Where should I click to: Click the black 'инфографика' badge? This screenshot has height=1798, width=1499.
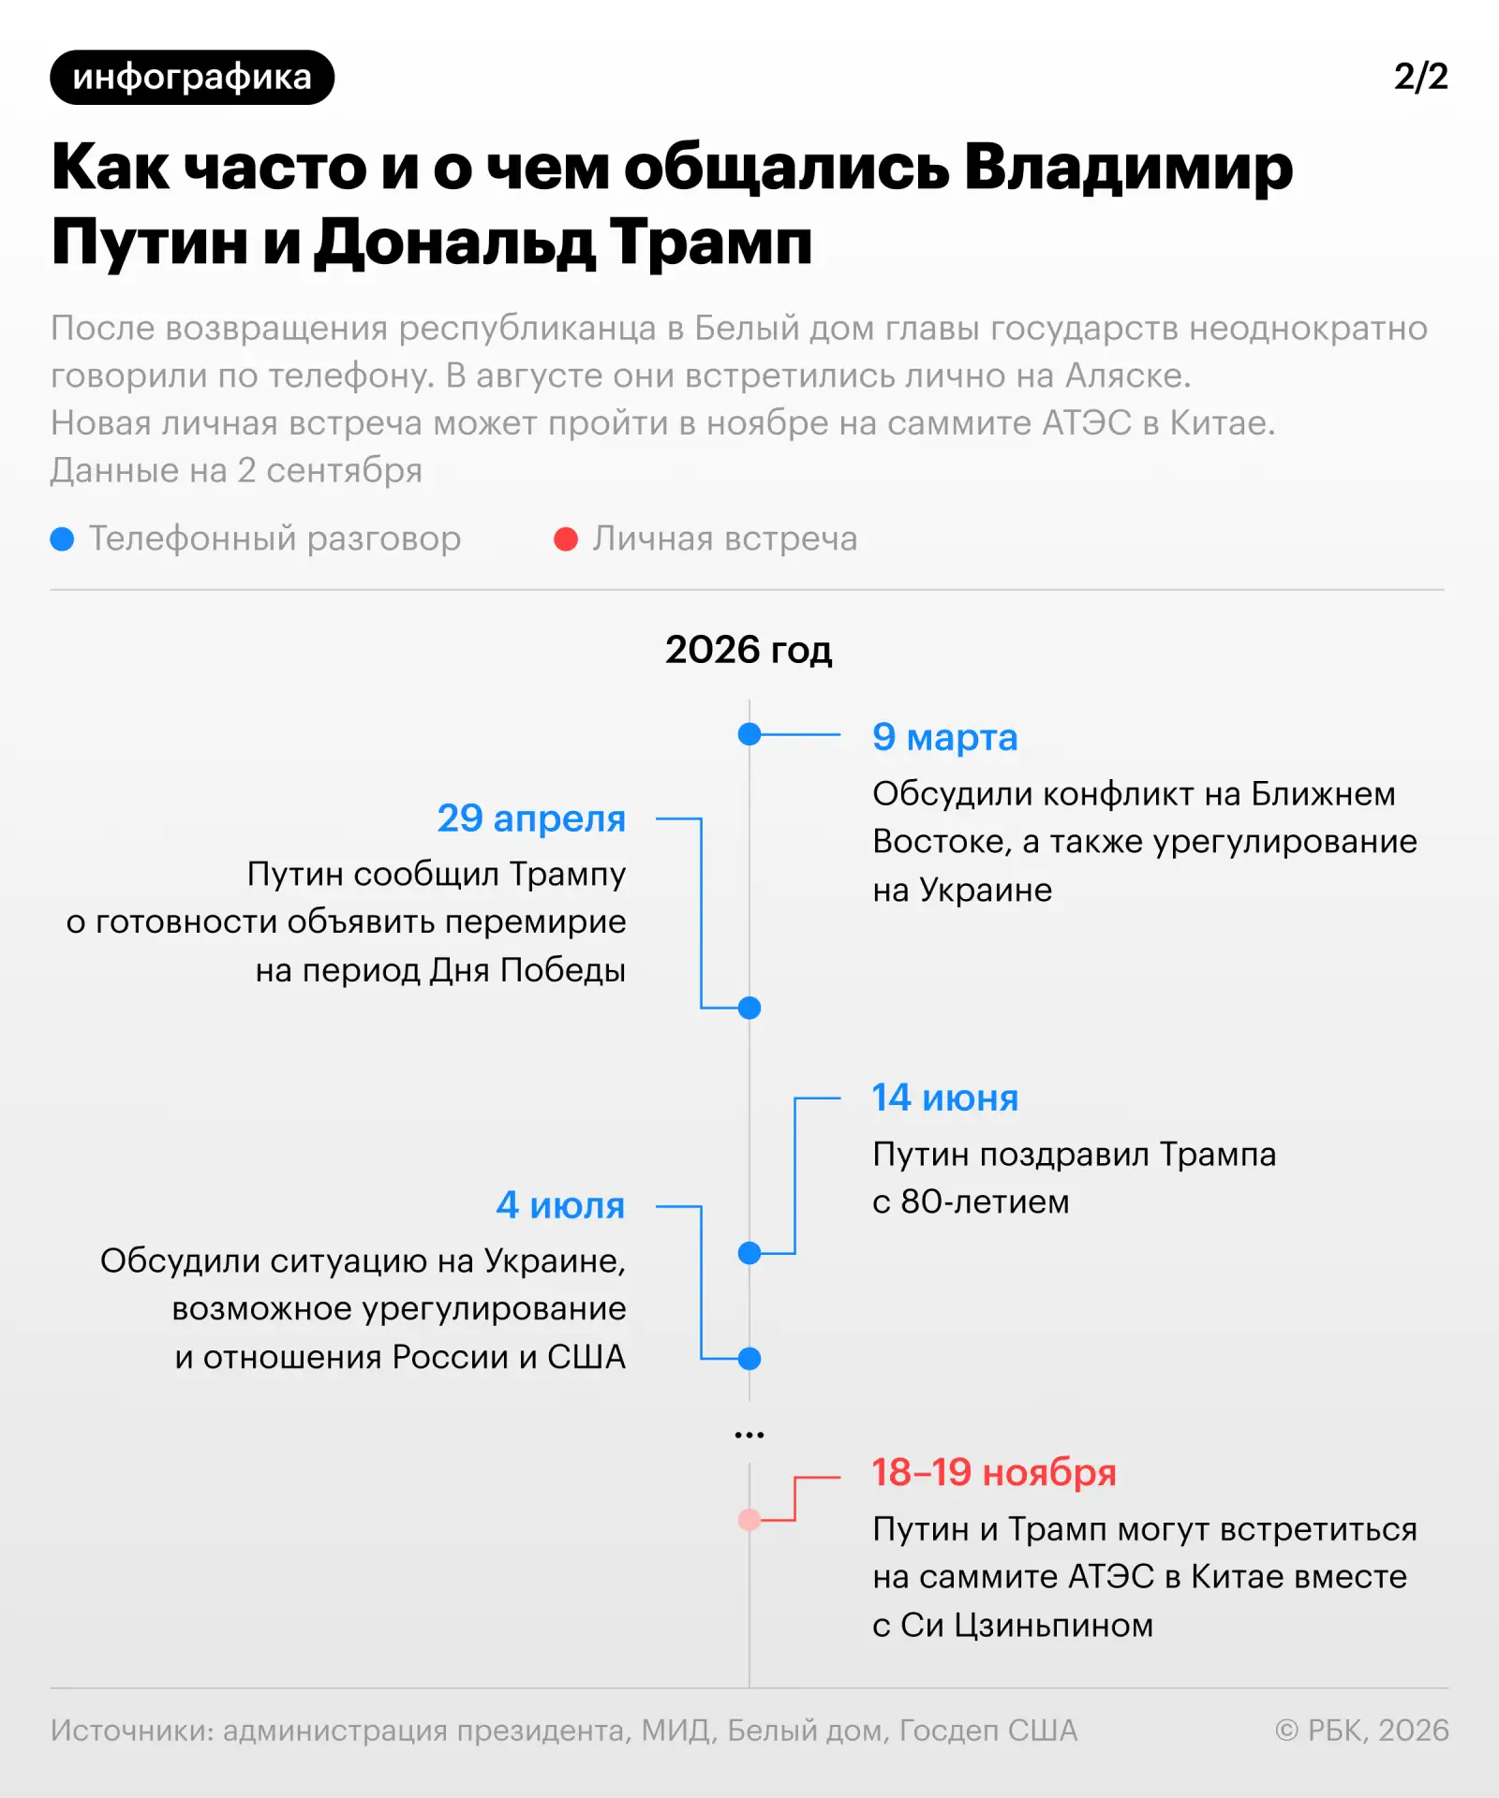tap(192, 77)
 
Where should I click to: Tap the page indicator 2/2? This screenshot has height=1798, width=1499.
tap(1420, 77)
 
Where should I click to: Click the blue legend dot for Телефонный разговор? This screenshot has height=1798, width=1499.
tap(62, 539)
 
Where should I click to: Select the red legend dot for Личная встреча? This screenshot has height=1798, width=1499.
tap(566, 539)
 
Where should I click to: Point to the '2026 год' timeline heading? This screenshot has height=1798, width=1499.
tap(749, 650)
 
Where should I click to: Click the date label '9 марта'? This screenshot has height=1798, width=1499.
tap(944, 738)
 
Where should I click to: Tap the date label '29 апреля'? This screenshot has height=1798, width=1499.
tap(531, 818)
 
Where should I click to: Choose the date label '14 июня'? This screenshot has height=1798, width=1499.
tap(944, 1098)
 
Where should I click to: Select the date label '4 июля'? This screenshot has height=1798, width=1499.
tap(560, 1205)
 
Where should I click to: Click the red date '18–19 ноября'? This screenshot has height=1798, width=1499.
tap(994, 1472)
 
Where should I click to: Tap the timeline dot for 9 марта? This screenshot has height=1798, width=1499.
tap(749, 734)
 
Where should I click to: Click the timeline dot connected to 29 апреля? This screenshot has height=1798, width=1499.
tap(749, 1008)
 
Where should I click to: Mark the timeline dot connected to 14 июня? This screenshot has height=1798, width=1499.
tap(749, 1253)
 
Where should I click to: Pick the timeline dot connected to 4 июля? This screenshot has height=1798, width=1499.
tap(749, 1358)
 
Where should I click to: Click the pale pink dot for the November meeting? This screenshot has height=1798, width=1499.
tap(749, 1520)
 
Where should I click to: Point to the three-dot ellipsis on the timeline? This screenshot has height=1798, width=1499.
tap(749, 1435)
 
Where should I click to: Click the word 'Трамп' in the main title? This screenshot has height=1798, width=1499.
tap(711, 243)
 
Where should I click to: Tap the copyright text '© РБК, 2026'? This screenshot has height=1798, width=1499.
tap(1361, 1731)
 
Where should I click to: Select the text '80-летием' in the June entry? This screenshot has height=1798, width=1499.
tap(985, 1202)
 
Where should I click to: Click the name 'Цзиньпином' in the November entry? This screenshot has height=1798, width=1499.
tap(1054, 1626)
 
